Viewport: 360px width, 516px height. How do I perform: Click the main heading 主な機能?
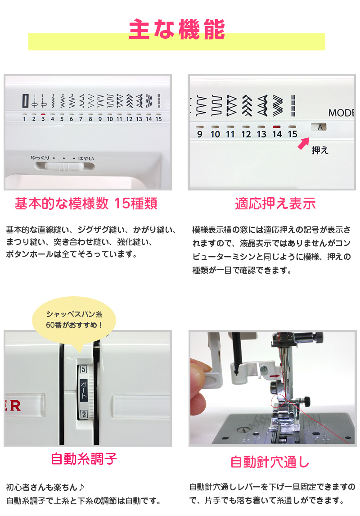tap(177, 29)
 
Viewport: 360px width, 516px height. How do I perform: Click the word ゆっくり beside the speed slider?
tap(40, 158)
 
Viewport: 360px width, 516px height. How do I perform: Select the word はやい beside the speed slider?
tap(86, 158)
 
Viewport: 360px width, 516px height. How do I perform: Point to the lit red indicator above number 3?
tap(43, 114)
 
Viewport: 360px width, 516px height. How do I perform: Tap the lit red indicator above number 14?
tap(277, 127)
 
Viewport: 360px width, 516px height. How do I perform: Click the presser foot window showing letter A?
tap(319, 127)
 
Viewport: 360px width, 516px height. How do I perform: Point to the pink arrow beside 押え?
tap(303, 143)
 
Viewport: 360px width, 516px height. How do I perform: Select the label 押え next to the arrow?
tap(320, 150)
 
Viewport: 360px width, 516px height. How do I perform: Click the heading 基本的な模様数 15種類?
tap(86, 204)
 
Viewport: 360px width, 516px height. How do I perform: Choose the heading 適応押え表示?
tap(275, 204)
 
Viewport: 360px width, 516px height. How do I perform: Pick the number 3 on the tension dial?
tap(84, 414)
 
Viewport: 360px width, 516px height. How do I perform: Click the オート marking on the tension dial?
tap(84, 391)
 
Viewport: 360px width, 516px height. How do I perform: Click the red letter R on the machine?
tap(15, 406)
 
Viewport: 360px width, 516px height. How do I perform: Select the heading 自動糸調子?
tap(84, 459)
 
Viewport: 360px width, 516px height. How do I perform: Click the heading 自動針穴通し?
tap(270, 462)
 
